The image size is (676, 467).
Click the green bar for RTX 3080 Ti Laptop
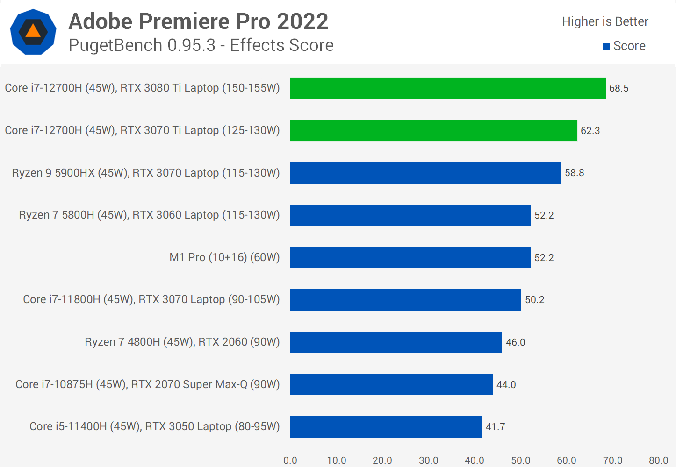point(447,88)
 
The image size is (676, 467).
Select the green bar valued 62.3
point(433,130)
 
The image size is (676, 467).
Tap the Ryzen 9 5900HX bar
point(425,173)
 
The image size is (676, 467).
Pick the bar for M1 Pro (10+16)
point(410,257)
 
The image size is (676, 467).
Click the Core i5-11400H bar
point(386,427)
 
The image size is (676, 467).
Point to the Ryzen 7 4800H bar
point(396,342)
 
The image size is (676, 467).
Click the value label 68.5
point(618,88)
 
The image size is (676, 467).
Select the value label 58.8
point(574,173)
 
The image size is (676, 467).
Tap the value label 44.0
point(506,385)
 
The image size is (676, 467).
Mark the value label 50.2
point(534,300)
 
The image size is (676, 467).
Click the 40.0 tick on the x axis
point(475,460)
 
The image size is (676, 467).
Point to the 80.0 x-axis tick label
point(658,460)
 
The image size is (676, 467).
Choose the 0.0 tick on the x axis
point(290,460)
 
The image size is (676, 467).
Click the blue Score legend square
point(606,46)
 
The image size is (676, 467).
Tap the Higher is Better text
point(605,21)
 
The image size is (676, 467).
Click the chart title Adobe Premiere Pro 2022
point(198,21)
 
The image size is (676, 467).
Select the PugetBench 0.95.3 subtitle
point(201,45)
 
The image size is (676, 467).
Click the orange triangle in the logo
point(33,31)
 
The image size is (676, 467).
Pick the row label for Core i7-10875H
point(148,384)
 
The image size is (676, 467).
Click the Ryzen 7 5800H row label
point(149,215)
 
